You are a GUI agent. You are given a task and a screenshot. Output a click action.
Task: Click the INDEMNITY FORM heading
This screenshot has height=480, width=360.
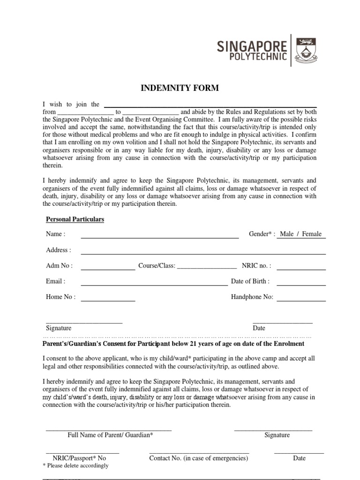pos(180,88)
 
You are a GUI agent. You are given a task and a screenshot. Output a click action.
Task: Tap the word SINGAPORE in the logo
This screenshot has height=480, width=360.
pos(252,46)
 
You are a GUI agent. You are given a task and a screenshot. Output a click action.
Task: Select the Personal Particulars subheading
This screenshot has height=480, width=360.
pos(75,219)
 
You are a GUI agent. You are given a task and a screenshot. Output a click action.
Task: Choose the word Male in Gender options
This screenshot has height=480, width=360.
pos(286,234)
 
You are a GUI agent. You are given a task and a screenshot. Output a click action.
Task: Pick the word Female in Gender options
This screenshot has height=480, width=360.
pos(312,234)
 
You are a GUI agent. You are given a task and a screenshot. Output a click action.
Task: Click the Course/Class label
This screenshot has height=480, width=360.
pos(157,266)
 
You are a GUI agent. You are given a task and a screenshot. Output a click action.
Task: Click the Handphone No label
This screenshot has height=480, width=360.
pos(252,297)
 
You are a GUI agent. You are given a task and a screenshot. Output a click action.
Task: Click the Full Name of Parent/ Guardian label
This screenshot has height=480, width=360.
pos(110,435)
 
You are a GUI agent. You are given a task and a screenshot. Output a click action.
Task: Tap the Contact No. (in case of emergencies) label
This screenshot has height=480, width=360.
pos(198,458)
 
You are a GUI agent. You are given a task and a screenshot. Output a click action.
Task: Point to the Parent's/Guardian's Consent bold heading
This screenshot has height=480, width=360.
pos(173,344)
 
